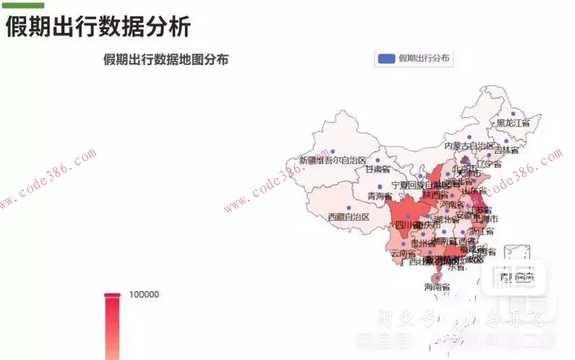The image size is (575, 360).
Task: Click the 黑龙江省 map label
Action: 513,123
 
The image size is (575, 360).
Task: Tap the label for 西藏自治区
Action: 349,217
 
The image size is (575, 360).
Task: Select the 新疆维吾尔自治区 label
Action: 333,160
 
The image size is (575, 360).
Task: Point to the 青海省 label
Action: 380,196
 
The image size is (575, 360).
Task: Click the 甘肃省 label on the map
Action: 377,169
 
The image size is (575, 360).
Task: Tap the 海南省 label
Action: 437,287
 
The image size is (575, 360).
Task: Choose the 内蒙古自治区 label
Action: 469,145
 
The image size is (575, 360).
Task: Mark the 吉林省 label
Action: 506,150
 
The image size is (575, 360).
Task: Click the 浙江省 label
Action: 482,231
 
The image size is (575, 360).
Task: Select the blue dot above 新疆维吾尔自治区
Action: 333,151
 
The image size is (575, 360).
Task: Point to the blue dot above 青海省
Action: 380,187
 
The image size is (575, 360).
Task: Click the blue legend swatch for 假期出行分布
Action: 386,58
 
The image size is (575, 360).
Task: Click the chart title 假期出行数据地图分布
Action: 166,59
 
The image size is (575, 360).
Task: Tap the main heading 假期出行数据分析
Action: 98,26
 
